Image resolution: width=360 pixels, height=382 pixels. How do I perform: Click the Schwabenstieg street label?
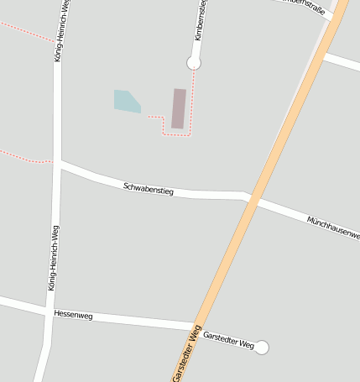(x=148, y=189)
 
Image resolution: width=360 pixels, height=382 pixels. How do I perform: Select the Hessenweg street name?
(x=73, y=315)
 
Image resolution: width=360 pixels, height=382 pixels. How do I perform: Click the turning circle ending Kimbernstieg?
(x=194, y=62)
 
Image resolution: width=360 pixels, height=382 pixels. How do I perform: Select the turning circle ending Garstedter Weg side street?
(x=262, y=347)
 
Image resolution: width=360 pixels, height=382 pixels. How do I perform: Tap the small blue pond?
(x=126, y=101)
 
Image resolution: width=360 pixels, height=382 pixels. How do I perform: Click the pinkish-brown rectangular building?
(x=179, y=108)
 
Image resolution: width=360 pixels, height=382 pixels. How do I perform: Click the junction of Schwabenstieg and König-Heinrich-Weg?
(x=57, y=164)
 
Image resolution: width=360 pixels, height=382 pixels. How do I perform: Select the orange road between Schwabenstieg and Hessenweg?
(x=225, y=260)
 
